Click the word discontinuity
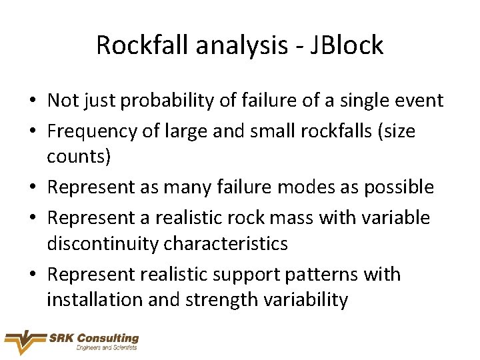[103, 243]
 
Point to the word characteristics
[226, 243]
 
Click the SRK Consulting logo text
[93, 339]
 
